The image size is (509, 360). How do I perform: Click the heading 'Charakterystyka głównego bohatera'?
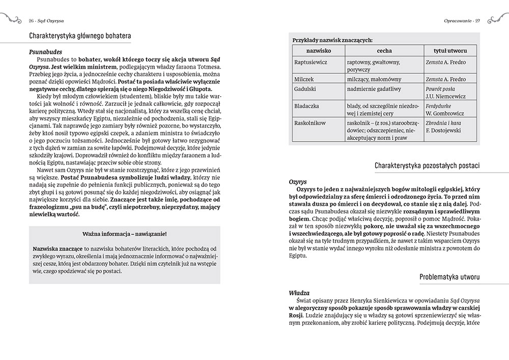(x=80, y=36)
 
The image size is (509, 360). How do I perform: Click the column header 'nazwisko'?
(x=318, y=51)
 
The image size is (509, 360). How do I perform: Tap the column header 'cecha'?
(x=384, y=51)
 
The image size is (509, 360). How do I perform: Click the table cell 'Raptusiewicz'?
(x=311, y=62)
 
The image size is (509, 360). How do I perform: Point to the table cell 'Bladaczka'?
(x=306, y=106)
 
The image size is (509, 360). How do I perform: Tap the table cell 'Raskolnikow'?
(x=310, y=123)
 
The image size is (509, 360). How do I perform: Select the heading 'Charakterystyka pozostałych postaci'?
(x=427, y=165)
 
